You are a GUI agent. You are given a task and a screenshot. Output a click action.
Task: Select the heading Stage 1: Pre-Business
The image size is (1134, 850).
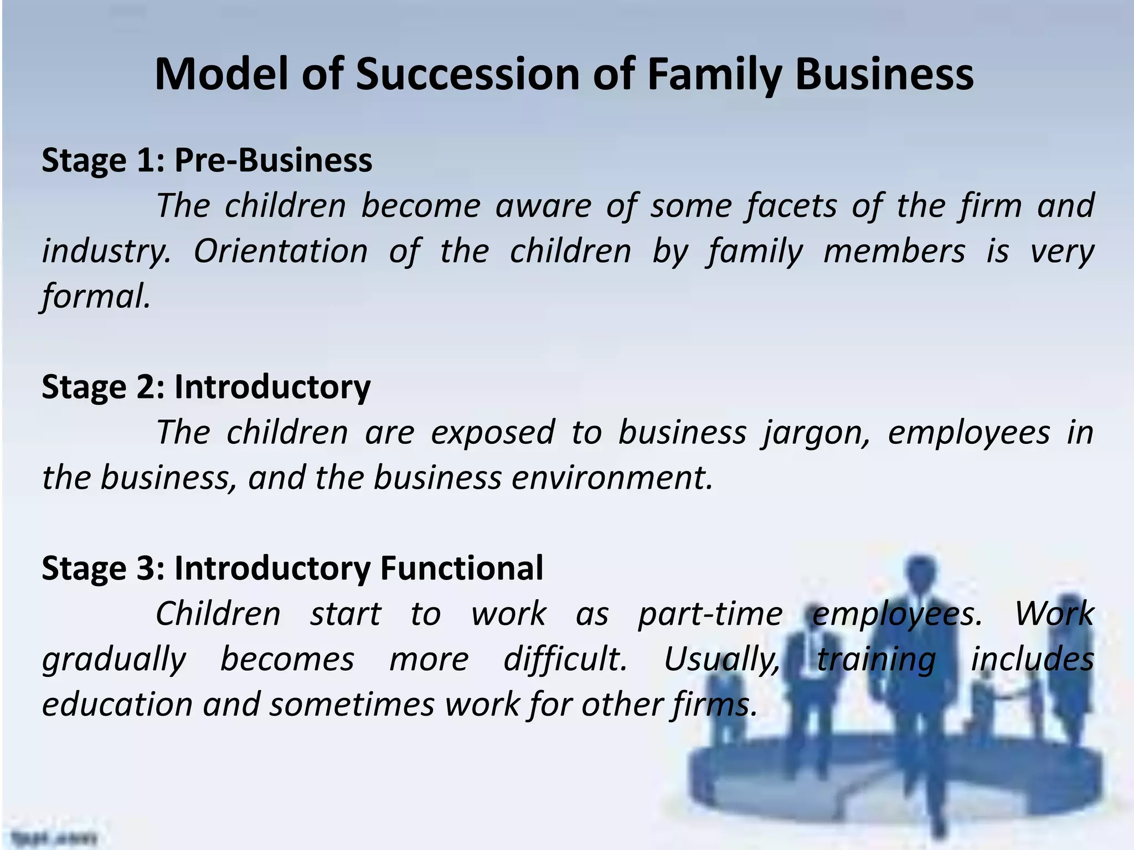click(x=207, y=160)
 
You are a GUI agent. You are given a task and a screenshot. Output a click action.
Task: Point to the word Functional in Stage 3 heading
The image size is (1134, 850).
click(x=462, y=568)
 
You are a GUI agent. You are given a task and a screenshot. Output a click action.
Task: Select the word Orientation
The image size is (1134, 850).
click(x=281, y=251)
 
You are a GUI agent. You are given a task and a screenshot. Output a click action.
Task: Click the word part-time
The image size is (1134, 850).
click(x=710, y=614)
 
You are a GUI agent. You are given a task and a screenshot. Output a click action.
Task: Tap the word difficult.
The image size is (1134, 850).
click(x=565, y=659)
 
